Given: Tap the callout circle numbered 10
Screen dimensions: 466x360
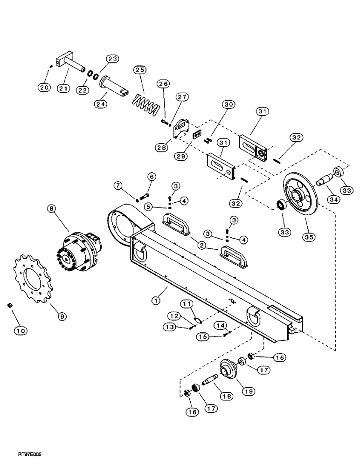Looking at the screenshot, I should click(20, 330).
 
